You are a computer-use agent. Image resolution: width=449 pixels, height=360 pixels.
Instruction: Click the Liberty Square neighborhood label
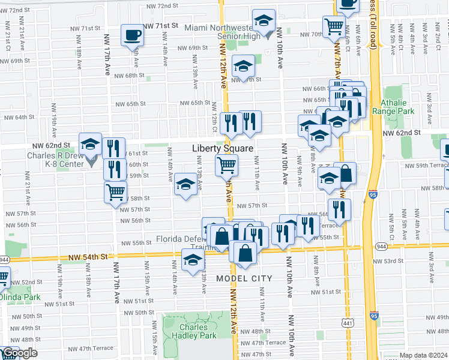223,148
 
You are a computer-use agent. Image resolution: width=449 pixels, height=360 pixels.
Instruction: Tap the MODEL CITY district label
244,278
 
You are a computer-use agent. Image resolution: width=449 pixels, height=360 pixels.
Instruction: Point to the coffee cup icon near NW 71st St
131,35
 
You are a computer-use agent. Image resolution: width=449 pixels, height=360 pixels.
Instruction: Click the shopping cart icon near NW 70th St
333,26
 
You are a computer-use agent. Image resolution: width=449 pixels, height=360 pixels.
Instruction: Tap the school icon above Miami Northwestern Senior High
264,20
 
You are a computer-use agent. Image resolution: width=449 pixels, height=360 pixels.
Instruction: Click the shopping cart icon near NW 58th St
115,192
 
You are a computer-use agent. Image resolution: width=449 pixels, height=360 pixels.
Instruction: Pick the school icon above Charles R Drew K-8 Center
90,143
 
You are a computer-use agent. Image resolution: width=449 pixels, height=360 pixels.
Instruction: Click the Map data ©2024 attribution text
423,355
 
